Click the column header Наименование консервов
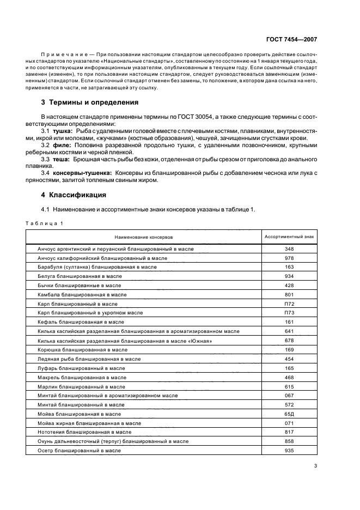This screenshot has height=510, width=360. click(143, 237)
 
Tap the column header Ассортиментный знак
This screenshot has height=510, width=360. click(289, 237)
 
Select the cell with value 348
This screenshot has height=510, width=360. click(289, 249)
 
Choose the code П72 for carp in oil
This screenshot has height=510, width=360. click(289, 303)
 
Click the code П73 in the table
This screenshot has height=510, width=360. click(289, 313)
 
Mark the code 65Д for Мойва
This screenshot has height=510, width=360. click(289, 414)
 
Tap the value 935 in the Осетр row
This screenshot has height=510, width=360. click(289, 451)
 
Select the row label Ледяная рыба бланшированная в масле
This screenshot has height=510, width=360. click(89, 359)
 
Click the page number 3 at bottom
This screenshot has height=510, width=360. click(315, 466)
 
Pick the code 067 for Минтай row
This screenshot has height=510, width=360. click(289, 396)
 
